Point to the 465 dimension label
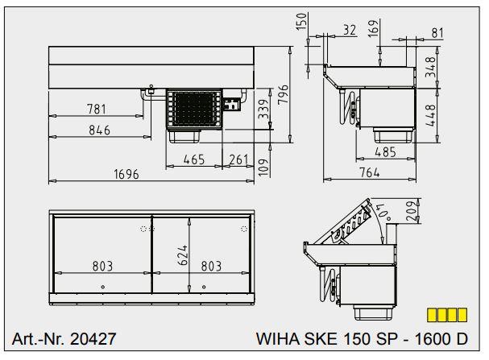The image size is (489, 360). [193, 160]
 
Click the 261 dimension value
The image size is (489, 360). [238, 160]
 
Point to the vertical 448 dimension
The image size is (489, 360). [432, 114]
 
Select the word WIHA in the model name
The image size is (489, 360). [275, 339]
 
